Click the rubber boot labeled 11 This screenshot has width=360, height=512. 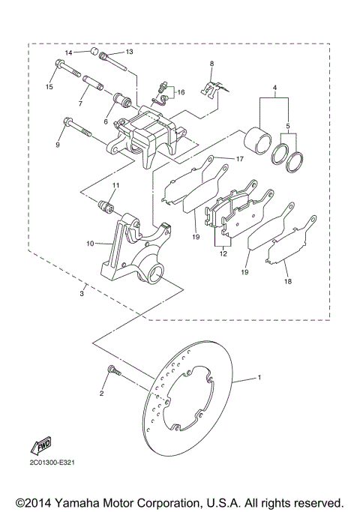(x=106, y=203)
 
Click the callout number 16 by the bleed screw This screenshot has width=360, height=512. (x=180, y=92)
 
